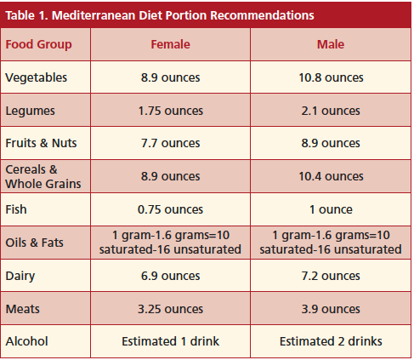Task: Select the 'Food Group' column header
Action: (38, 44)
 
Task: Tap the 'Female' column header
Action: (170, 44)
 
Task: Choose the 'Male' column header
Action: (330, 44)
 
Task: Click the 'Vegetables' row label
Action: (37, 77)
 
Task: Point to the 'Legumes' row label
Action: (31, 111)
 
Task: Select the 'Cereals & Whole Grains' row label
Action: (43, 177)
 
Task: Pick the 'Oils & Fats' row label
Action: (35, 243)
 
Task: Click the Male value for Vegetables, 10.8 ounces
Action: (330, 77)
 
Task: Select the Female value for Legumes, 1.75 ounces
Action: (170, 111)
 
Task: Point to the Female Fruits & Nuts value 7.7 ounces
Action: (170, 144)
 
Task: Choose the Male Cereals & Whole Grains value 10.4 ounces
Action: (330, 177)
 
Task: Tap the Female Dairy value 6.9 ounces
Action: (170, 276)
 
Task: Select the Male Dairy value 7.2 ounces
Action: (330, 276)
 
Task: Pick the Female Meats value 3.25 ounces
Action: (170, 309)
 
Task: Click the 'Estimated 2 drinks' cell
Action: (330, 342)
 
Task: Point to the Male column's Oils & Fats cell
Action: (330, 243)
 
